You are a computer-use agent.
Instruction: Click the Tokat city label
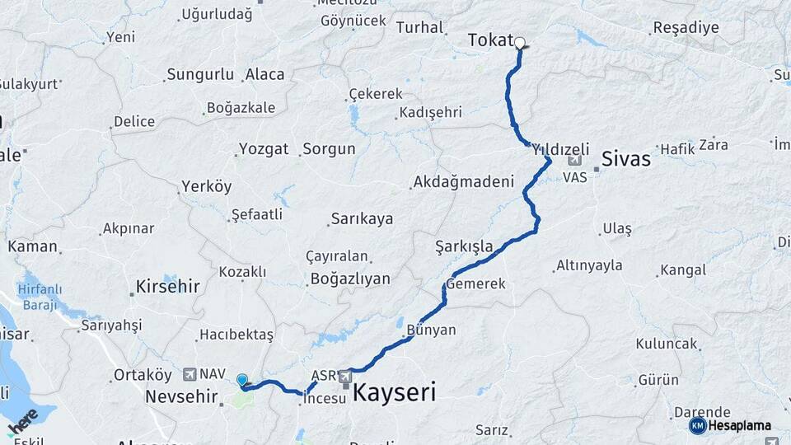coord(490,40)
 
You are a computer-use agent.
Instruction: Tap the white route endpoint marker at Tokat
coord(520,43)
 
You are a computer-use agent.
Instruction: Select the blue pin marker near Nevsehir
coord(242,380)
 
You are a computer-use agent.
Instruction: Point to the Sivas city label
coord(626,158)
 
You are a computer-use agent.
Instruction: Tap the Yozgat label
coord(264,149)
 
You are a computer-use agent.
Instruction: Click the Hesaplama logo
coord(730,425)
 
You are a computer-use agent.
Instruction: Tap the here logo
coord(22,419)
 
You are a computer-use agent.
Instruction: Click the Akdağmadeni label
coord(464,181)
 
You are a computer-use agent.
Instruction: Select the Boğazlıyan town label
coord(350,279)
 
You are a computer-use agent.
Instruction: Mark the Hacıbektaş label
coord(236,335)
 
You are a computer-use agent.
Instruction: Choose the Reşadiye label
coord(686,28)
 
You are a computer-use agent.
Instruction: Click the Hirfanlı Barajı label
coord(34,297)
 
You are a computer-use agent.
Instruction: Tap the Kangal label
coord(683,269)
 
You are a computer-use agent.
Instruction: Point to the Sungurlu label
coord(200,75)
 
